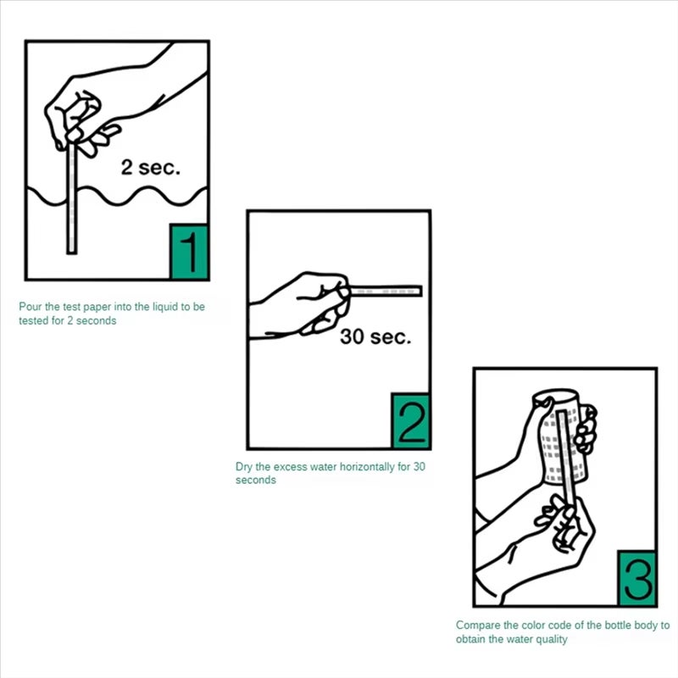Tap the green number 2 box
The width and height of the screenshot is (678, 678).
[410, 421]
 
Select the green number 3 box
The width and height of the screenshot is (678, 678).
[636, 578]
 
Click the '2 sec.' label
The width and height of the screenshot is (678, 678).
[151, 168]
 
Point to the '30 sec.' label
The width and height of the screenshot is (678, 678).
[375, 336]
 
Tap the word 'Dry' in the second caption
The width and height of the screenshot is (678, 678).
[243, 467]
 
